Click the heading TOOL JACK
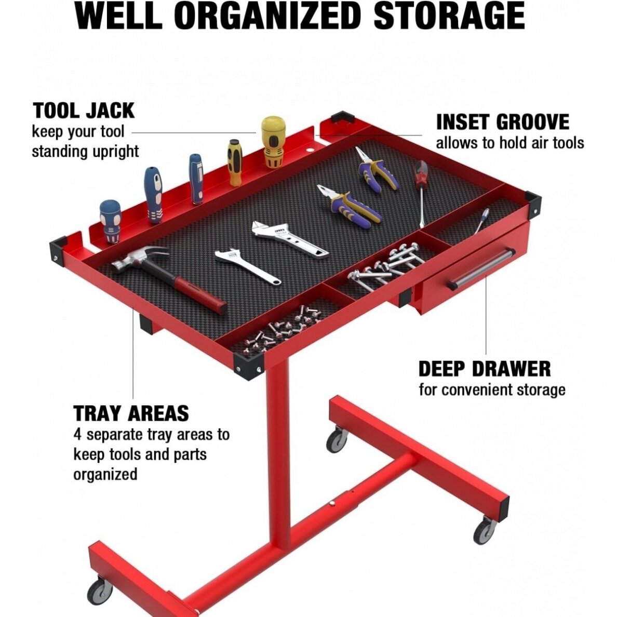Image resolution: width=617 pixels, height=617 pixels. pyautogui.click(x=84, y=111)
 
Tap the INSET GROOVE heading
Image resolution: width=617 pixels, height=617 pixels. pyautogui.click(x=503, y=122)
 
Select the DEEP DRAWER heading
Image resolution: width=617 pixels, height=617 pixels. pyautogui.click(x=485, y=369)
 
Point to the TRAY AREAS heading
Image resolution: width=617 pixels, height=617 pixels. pyautogui.click(x=131, y=413)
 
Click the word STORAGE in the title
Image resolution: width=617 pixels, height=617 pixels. pyautogui.click(x=449, y=16)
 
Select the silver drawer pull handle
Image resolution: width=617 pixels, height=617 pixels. pyautogui.click(x=481, y=267)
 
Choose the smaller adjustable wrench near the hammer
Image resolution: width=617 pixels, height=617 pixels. pyautogui.click(x=248, y=265)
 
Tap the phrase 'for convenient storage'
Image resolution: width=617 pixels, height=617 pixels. pyautogui.click(x=492, y=390)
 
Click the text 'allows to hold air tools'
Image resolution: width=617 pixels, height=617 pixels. pyautogui.click(x=509, y=143)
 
